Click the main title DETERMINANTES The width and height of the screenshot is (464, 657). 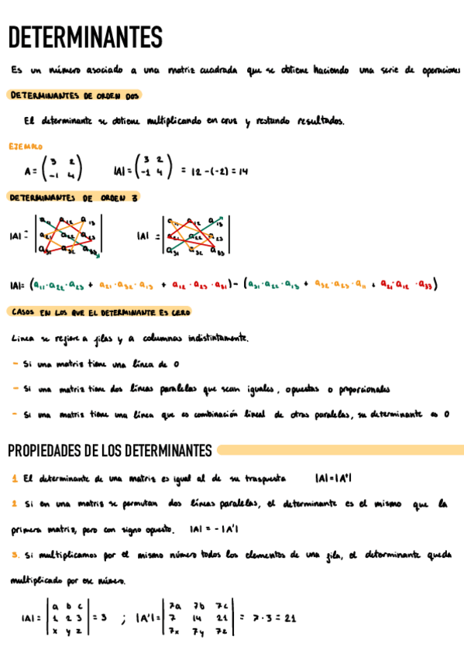[x=85, y=36]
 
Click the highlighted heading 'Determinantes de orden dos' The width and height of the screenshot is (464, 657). [x=74, y=95]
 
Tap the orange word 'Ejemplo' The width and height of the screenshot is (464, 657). [x=26, y=146]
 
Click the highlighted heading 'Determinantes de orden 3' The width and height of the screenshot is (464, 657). [x=74, y=198]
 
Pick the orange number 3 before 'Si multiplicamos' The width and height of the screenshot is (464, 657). [x=15, y=555]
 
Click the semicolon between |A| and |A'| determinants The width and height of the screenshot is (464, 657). [x=122, y=620]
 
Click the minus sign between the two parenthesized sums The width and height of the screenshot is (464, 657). [x=235, y=285]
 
